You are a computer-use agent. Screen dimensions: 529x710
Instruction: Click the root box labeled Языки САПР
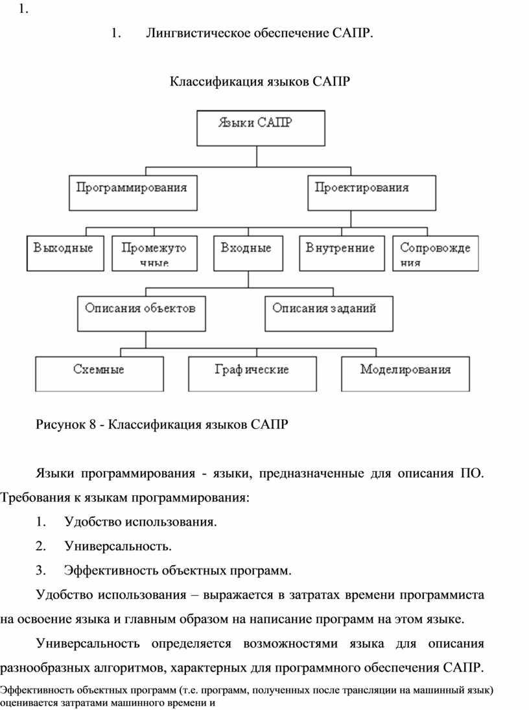click(x=261, y=128)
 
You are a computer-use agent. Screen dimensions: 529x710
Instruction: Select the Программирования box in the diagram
click(x=133, y=193)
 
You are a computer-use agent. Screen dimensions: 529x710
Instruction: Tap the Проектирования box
click(x=371, y=193)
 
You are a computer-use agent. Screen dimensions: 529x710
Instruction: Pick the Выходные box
click(x=65, y=254)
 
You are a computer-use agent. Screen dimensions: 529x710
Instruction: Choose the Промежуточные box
click(x=155, y=254)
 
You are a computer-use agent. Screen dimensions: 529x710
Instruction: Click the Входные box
click(x=248, y=254)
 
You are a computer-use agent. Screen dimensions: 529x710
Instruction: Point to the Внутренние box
click(x=342, y=254)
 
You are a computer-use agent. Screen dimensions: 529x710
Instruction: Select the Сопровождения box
click(x=436, y=254)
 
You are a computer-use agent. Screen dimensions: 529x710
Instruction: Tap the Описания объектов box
click(x=141, y=314)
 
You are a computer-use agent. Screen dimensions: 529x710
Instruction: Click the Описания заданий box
click(x=329, y=314)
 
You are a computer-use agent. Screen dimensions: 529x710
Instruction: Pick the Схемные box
click(x=99, y=374)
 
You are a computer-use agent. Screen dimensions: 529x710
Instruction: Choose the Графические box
click(x=252, y=374)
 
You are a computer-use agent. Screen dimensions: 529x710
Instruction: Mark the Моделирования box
click(x=406, y=374)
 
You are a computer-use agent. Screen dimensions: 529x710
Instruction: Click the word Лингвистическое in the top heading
click(x=198, y=34)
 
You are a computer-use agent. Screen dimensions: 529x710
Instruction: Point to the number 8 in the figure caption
click(x=93, y=424)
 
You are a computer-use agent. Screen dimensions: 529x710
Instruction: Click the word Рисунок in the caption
click(x=60, y=425)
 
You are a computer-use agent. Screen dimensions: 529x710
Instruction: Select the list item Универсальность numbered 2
click(x=118, y=546)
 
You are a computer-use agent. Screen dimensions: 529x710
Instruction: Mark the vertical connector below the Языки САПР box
click(x=257, y=156)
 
